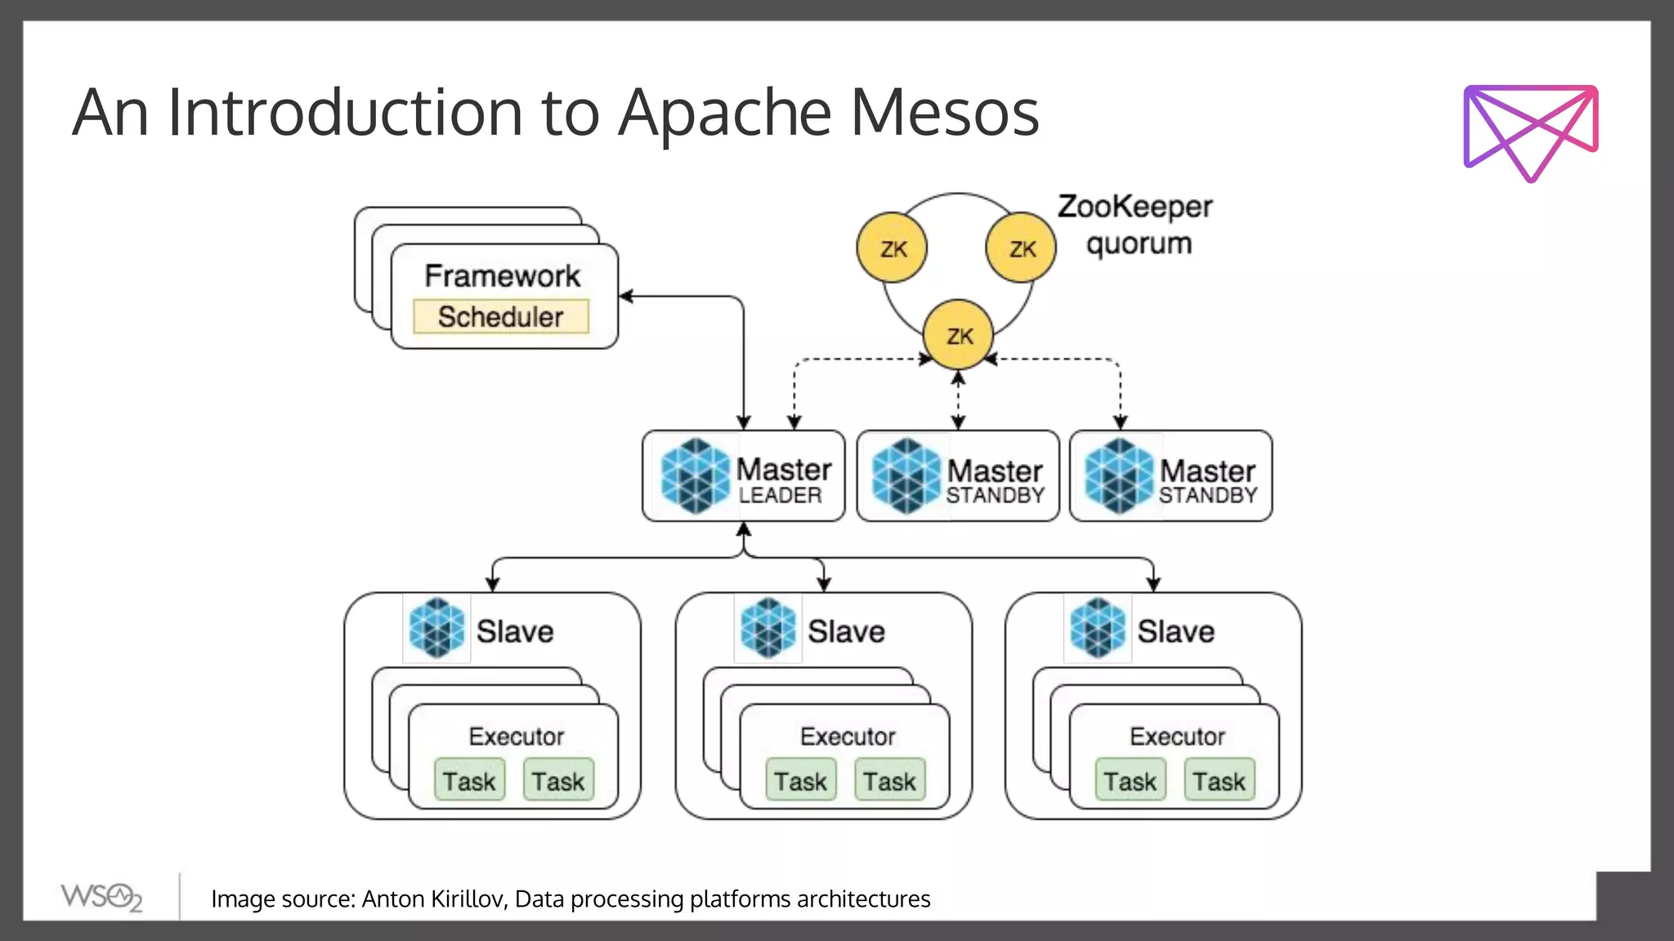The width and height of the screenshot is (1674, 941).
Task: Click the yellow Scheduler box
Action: pos(501,316)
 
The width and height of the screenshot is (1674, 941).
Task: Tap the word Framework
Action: pos(502,275)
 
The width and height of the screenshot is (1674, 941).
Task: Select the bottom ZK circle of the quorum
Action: pos(959,335)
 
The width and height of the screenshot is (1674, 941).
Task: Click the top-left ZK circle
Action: pos(893,248)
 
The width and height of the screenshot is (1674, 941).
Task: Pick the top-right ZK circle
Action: pos(1021,248)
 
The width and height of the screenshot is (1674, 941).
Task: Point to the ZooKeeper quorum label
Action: pos(1136,225)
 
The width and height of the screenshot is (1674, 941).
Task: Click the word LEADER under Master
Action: pos(780,495)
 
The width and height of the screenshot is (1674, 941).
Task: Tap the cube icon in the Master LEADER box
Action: pos(695,476)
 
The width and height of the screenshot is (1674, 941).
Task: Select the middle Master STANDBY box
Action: pos(958,476)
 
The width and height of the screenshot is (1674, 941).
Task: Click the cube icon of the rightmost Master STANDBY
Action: pos(1118,476)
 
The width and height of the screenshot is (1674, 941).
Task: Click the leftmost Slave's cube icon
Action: pos(436,628)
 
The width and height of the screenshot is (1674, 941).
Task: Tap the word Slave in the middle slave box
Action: pos(846,631)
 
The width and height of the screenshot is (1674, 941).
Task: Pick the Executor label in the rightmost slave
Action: pos(1177,736)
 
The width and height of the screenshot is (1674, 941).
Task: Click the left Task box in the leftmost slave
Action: pos(469,781)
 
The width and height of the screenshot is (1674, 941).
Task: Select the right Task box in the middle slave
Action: pos(889,781)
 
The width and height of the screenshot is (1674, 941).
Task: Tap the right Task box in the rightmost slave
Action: pos(1219,781)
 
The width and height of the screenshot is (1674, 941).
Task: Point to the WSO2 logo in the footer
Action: pos(101,897)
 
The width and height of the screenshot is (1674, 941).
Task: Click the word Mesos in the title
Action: pos(944,112)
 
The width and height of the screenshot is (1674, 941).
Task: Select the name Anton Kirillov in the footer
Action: pos(434,899)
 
